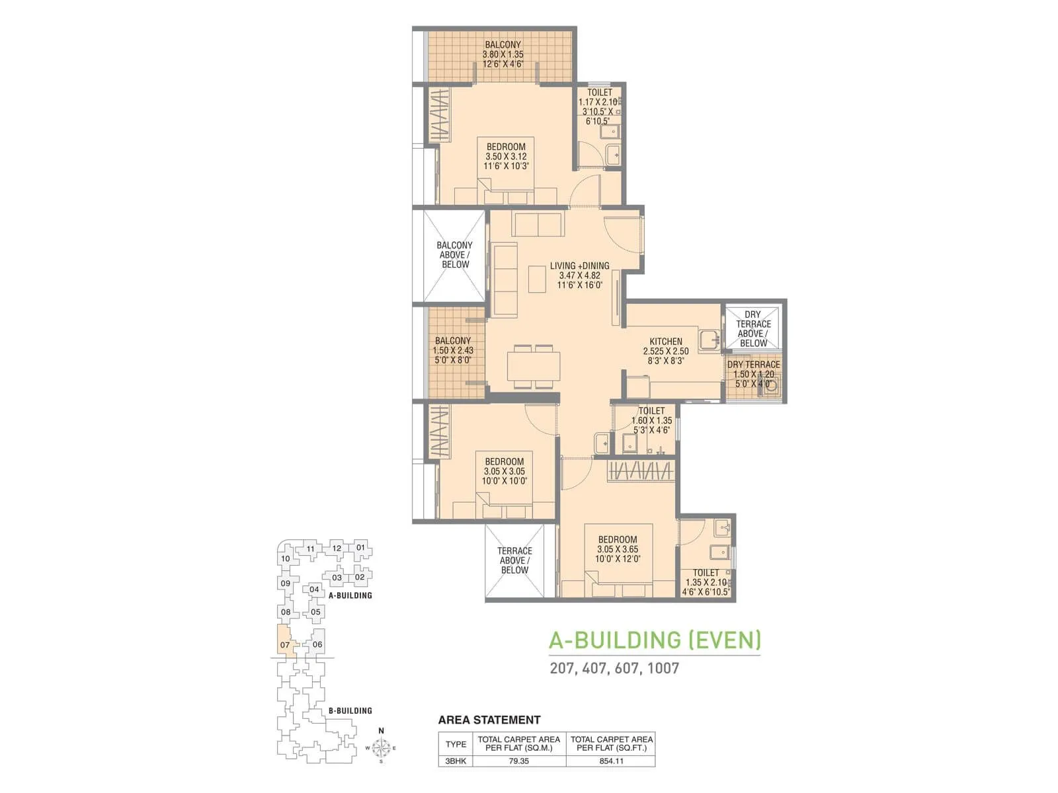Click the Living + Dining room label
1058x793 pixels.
pos(579,276)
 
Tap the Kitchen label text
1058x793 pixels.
pos(665,351)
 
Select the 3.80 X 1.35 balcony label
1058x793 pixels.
pos(503,54)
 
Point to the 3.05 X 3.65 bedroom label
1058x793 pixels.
pos(618,549)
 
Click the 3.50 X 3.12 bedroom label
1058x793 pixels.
pos(506,157)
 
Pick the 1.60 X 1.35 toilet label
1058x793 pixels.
pos(651,420)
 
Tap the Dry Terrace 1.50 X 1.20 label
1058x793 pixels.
pos(754,373)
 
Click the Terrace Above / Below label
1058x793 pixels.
pos(514,560)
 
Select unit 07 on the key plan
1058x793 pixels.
pos(285,644)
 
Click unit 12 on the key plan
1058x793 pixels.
pos(337,548)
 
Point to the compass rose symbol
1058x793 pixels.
pos(381,748)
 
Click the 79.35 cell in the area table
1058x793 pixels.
pos(519,761)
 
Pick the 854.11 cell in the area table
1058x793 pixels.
pos(611,761)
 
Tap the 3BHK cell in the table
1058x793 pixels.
pos(456,761)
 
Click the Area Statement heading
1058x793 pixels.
pos(489,720)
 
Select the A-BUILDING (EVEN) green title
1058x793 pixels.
pos(655,640)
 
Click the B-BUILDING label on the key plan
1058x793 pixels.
pos(350,710)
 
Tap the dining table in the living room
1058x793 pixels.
pos(534,365)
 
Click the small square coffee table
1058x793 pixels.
pos(537,279)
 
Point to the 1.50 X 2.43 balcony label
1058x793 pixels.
pos(453,350)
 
